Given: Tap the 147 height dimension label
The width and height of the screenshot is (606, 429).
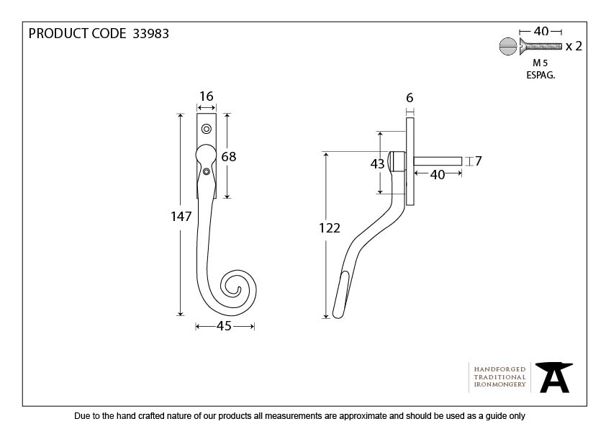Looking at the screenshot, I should click(x=181, y=216).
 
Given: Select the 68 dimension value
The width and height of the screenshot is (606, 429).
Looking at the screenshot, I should click(x=229, y=156).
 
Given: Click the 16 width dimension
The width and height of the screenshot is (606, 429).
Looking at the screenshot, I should click(x=206, y=96).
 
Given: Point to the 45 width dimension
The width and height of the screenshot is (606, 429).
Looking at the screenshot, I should click(x=224, y=326).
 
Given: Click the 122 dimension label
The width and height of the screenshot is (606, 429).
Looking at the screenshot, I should click(x=329, y=228).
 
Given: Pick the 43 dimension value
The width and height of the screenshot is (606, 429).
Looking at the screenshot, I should click(x=377, y=163).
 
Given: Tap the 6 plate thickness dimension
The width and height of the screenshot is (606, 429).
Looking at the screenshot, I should click(x=410, y=98).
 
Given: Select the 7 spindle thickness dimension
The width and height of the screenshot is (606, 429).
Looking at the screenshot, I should click(x=476, y=161).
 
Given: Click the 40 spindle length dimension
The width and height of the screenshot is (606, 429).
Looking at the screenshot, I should click(x=437, y=174).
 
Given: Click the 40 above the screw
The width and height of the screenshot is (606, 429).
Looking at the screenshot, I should click(x=541, y=31).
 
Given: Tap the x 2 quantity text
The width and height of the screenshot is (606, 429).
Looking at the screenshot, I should click(x=574, y=47).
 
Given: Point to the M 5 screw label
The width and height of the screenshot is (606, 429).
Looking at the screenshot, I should click(x=540, y=63).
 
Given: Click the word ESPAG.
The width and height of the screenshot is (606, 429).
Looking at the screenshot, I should click(x=540, y=74).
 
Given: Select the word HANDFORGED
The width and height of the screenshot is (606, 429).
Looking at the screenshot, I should click(x=499, y=369).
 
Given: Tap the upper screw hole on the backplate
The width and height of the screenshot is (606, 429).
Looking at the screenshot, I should click(x=206, y=130).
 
